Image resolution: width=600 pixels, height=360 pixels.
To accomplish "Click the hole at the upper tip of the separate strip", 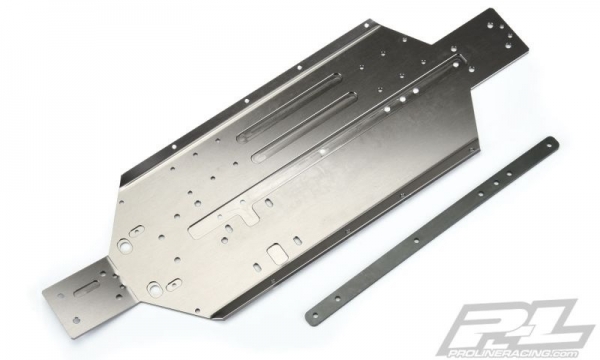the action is (550, 144).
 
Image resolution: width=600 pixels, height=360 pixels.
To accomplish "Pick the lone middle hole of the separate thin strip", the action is (415, 241).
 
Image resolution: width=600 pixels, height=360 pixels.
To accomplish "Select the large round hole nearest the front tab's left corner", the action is (123, 244).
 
